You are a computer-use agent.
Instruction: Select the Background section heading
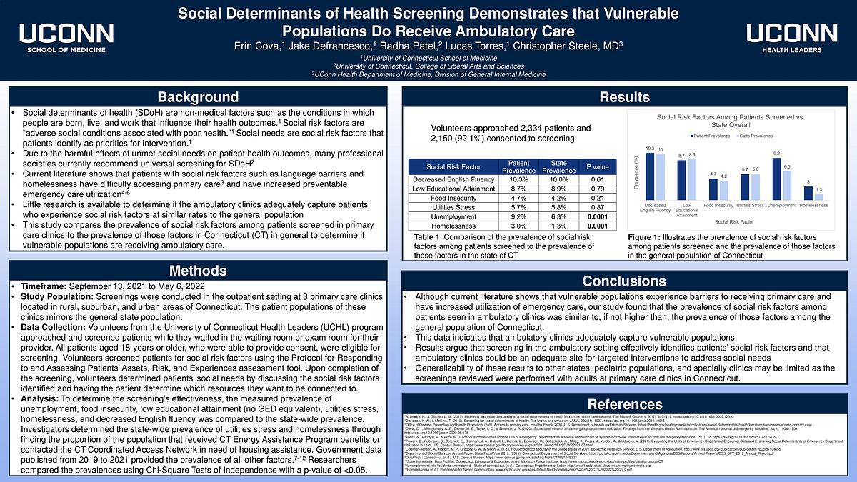pyautogui.click(x=198, y=97)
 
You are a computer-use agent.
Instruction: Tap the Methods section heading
pyautogui.click(x=198, y=271)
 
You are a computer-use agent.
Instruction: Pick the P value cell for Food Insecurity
pyautogui.click(x=597, y=198)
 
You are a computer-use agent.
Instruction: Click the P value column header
pyautogui.click(x=597, y=167)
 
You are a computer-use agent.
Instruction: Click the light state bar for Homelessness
pyautogui.click(x=818, y=196)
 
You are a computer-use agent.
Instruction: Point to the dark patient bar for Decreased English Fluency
pyautogui.click(x=649, y=176)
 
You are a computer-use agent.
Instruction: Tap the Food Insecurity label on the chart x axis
pyautogui.click(x=718, y=205)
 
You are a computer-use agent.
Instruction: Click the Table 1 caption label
pyautogui.click(x=432, y=236)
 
